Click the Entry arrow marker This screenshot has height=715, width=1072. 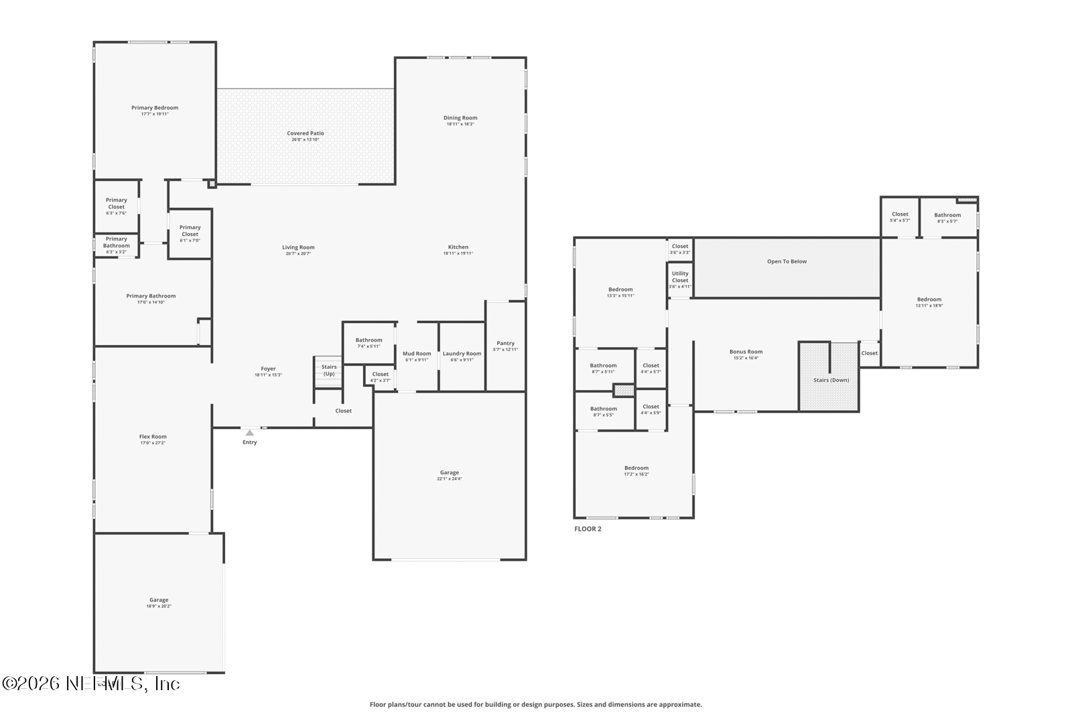(x=249, y=433)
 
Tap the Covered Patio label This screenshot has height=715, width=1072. (x=306, y=133)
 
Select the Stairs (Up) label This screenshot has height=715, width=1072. (x=329, y=370)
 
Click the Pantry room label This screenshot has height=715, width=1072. (x=505, y=343)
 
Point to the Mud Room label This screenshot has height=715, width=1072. (x=417, y=354)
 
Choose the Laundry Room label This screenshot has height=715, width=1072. (x=462, y=354)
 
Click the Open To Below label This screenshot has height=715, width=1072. (x=787, y=261)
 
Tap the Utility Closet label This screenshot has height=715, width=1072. (x=680, y=277)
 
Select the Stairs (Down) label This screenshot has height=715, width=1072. (x=831, y=380)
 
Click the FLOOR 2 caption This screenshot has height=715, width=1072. (x=588, y=529)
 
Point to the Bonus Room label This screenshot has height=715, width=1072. (x=746, y=352)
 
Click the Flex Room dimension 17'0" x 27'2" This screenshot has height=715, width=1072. (x=153, y=443)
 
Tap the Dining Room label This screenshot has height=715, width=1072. (x=460, y=118)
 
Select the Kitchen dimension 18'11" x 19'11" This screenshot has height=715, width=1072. (x=458, y=253)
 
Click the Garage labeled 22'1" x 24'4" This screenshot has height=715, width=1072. (x=450, y=472)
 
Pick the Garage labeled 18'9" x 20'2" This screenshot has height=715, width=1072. (x=159, y=600)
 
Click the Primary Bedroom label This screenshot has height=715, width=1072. (x=155, y=108)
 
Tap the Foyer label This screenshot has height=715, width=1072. (x=268, y=369)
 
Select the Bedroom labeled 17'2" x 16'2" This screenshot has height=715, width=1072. (x=636, y=468)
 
